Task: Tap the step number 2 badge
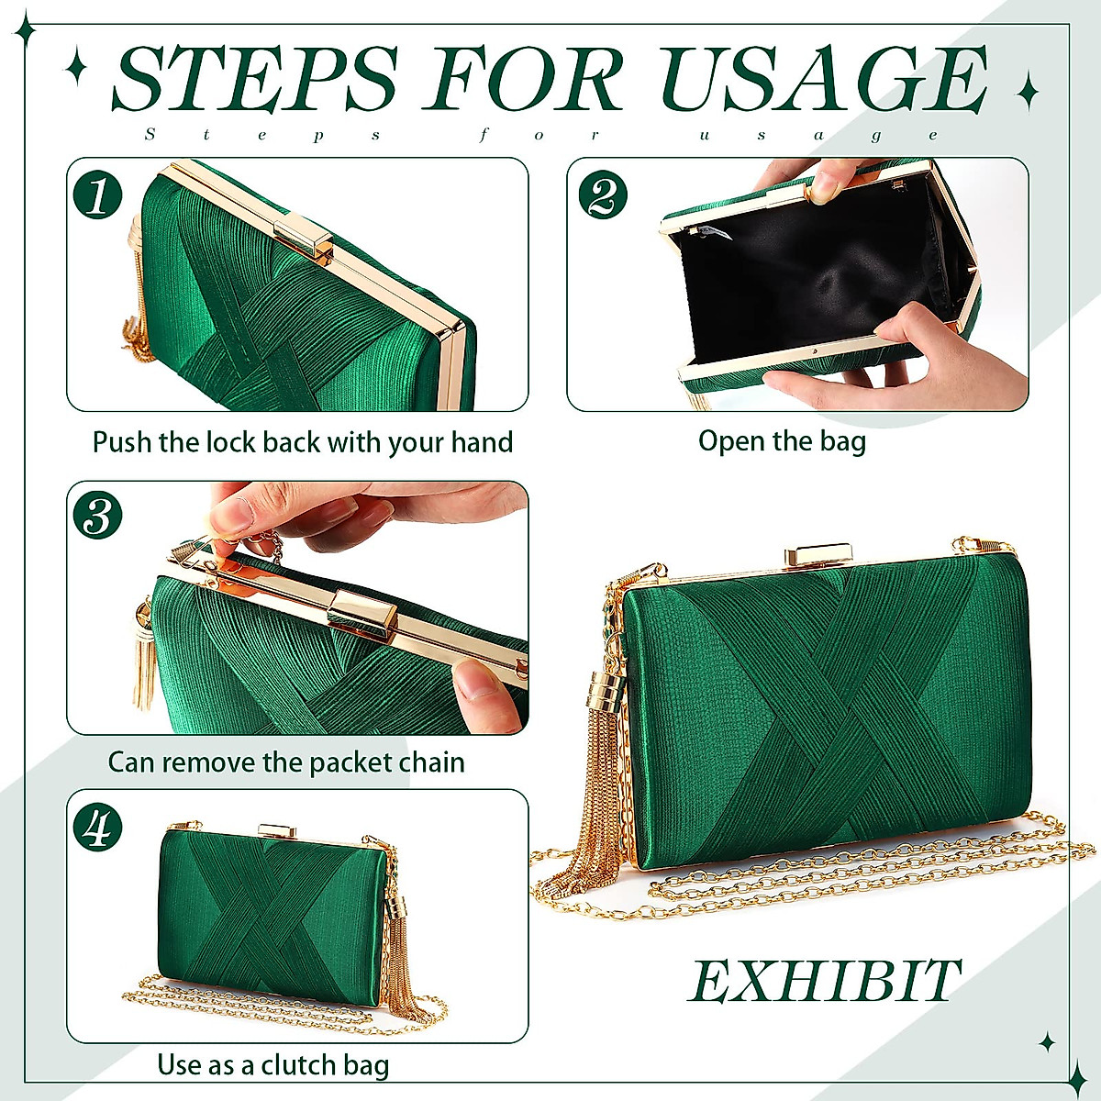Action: coord(602,195)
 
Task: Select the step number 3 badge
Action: coord(97,516)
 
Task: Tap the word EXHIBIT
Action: coord(825,981)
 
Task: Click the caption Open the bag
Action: coord(782,441)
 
